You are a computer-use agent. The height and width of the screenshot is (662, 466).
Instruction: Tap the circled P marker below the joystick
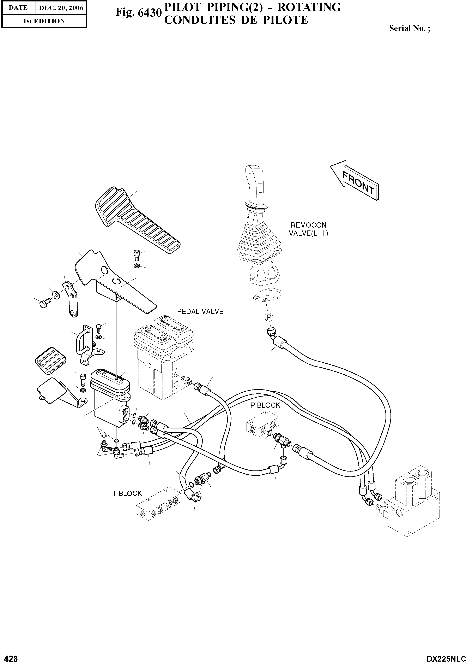[x=268, y=317]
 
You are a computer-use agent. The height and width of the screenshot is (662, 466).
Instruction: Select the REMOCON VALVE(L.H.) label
[x=308, y=229]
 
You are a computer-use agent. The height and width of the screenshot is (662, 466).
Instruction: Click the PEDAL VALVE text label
[x=200, y=311]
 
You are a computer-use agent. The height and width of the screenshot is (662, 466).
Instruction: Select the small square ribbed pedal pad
[x=50, y=361]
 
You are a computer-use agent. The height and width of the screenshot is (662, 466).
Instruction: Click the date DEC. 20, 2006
[x=61, y=8]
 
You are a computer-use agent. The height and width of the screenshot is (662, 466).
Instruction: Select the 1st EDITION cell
[x=44, y=21]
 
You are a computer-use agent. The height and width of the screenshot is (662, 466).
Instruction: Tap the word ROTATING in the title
[x=309, y=7]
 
